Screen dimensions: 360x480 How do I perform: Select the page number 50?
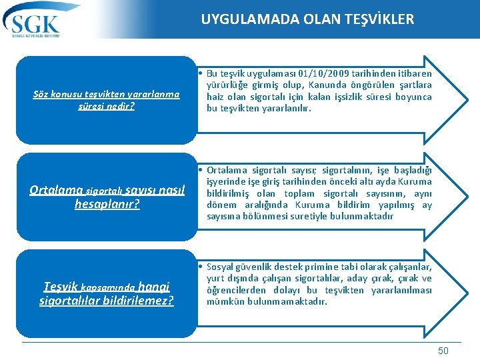pos(443,351)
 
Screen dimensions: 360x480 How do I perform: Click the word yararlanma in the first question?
pos(151,94)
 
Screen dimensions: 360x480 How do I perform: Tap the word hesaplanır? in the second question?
pos(107,204)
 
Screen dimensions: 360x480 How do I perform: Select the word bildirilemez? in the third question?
pos(139,301)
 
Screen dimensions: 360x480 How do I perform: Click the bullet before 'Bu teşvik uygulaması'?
pos(200,73)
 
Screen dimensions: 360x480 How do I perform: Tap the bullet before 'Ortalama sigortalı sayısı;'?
pos(200,169)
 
